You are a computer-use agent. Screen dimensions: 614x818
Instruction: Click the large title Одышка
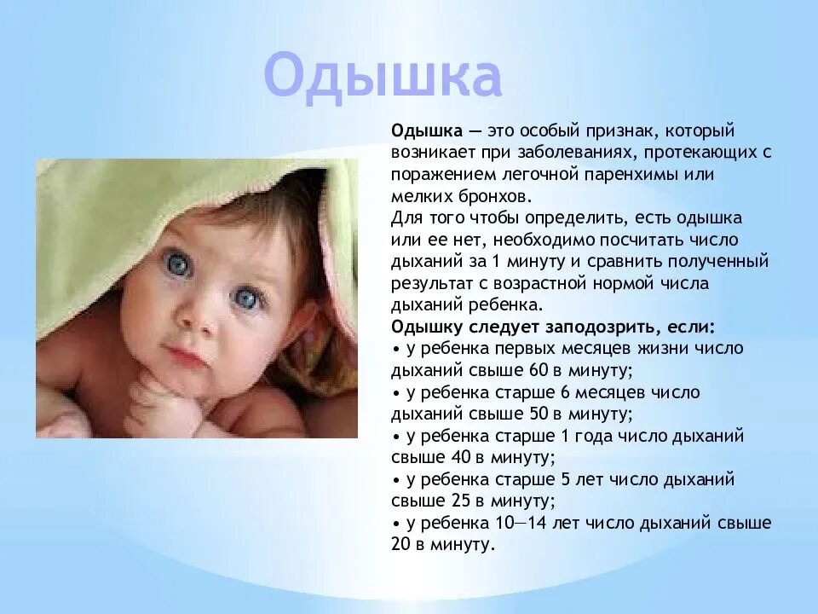(x=383, y=78)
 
